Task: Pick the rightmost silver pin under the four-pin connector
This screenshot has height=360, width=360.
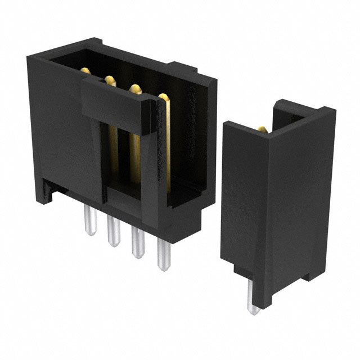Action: click(163, 256)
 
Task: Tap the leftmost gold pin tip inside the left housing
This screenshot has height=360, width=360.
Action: click(85, 71)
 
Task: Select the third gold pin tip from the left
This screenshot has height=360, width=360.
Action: click(135, 88)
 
